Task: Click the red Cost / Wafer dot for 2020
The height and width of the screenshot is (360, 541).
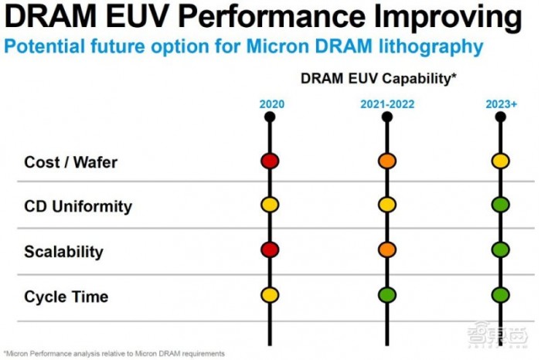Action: click(x=269, y=161)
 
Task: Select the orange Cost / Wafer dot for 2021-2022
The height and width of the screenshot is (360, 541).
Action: click(x=386, y=161)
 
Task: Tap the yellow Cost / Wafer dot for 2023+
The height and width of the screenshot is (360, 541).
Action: click(x=501, y=161)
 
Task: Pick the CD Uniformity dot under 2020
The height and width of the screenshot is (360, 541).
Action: click(x=269, y=205)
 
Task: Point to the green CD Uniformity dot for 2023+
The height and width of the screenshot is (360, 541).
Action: click(x=501, y=205)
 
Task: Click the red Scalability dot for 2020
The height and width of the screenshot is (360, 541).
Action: click(x=269, y=250)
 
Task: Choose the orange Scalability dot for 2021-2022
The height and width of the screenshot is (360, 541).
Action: click(x=386, y=250)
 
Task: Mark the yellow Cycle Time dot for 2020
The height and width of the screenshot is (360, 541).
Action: click(x=269, y=295)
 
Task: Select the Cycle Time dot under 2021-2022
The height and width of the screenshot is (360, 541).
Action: click(x=386, y=295)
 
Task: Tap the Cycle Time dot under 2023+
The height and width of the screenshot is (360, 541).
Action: click(x=501, y=295)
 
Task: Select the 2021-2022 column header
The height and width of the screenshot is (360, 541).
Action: click(x=386, y=104)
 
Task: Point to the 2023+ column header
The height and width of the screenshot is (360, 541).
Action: click(x=501, y=104)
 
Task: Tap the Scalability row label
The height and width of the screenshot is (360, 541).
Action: click(x=63, y=252)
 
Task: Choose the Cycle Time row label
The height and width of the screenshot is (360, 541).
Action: click(x=66, y=297)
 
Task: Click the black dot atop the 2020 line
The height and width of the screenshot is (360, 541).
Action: click(x=269, y=117)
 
